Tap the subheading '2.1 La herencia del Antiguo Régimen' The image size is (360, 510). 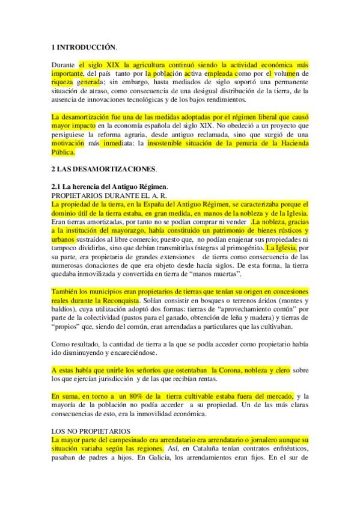coord(110,186)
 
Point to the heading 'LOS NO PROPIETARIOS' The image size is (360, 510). coord(88,431)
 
